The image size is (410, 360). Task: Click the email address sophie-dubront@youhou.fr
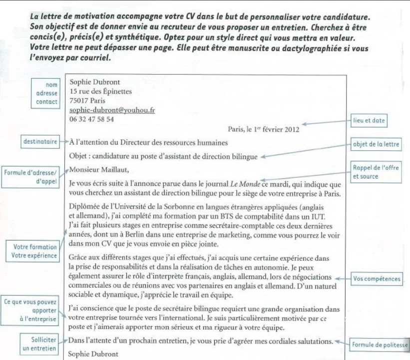point(112,110)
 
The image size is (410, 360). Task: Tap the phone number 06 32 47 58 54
point(92,119)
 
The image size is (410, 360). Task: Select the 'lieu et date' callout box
point(370,120)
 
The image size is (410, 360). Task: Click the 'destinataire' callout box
point(40,141)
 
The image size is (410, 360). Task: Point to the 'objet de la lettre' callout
point(376,144)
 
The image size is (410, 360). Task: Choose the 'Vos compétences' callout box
point(377,278)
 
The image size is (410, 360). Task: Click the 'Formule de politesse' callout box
point(380,344)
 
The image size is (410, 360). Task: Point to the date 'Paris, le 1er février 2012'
point(263,129)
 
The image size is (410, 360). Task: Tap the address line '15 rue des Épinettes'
point(101,91)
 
